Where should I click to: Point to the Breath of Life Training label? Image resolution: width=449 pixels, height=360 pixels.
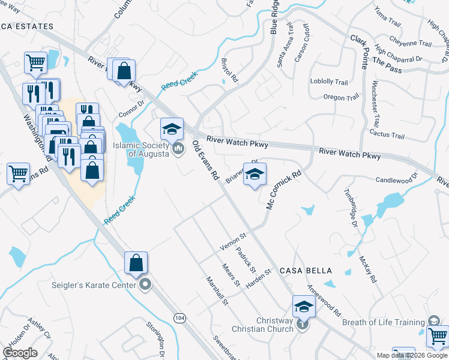(383, 322)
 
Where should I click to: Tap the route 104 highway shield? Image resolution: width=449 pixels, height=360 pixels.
(179, 316)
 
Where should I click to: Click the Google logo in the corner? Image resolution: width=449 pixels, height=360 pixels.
(20, 353)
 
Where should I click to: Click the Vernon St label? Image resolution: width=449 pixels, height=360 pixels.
(233, 242)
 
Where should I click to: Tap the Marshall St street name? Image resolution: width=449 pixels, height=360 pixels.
(217, 290)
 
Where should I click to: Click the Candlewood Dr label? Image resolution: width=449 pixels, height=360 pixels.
(396, 180)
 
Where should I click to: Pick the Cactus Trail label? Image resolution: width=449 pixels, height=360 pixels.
(387, 134)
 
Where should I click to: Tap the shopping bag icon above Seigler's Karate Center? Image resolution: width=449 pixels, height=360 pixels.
(136, 262)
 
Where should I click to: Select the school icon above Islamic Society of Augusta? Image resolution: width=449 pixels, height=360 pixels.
(172, 128)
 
